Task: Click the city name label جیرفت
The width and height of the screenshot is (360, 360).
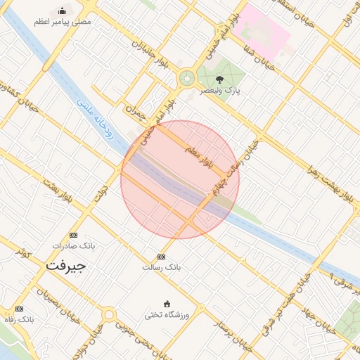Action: pyautogui.click(x=65, y=266)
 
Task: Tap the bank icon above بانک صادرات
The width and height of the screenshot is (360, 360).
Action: pyautogui.click(x=73, y=235)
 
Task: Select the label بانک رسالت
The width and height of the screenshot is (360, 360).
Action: pyautogui.click(x=162, y=267)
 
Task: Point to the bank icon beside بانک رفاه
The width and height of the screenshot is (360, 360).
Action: pyautogui.click(x=19, y=309)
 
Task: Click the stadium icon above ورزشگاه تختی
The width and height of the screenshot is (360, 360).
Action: pyautogui.click(x=166, y=303)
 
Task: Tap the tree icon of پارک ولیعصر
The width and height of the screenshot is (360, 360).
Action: pyautogui.click(x=220, y=80)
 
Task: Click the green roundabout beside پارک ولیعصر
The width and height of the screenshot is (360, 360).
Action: pyautogui.click(x=187, y=79)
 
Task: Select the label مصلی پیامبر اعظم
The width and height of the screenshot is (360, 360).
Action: pyautogui.click(x=63, y=22)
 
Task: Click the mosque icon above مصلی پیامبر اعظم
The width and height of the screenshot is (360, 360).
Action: pyautogui.click(x=63, y=11)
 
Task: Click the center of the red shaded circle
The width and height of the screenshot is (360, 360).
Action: pyautogui.click(x=180, y=180)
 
